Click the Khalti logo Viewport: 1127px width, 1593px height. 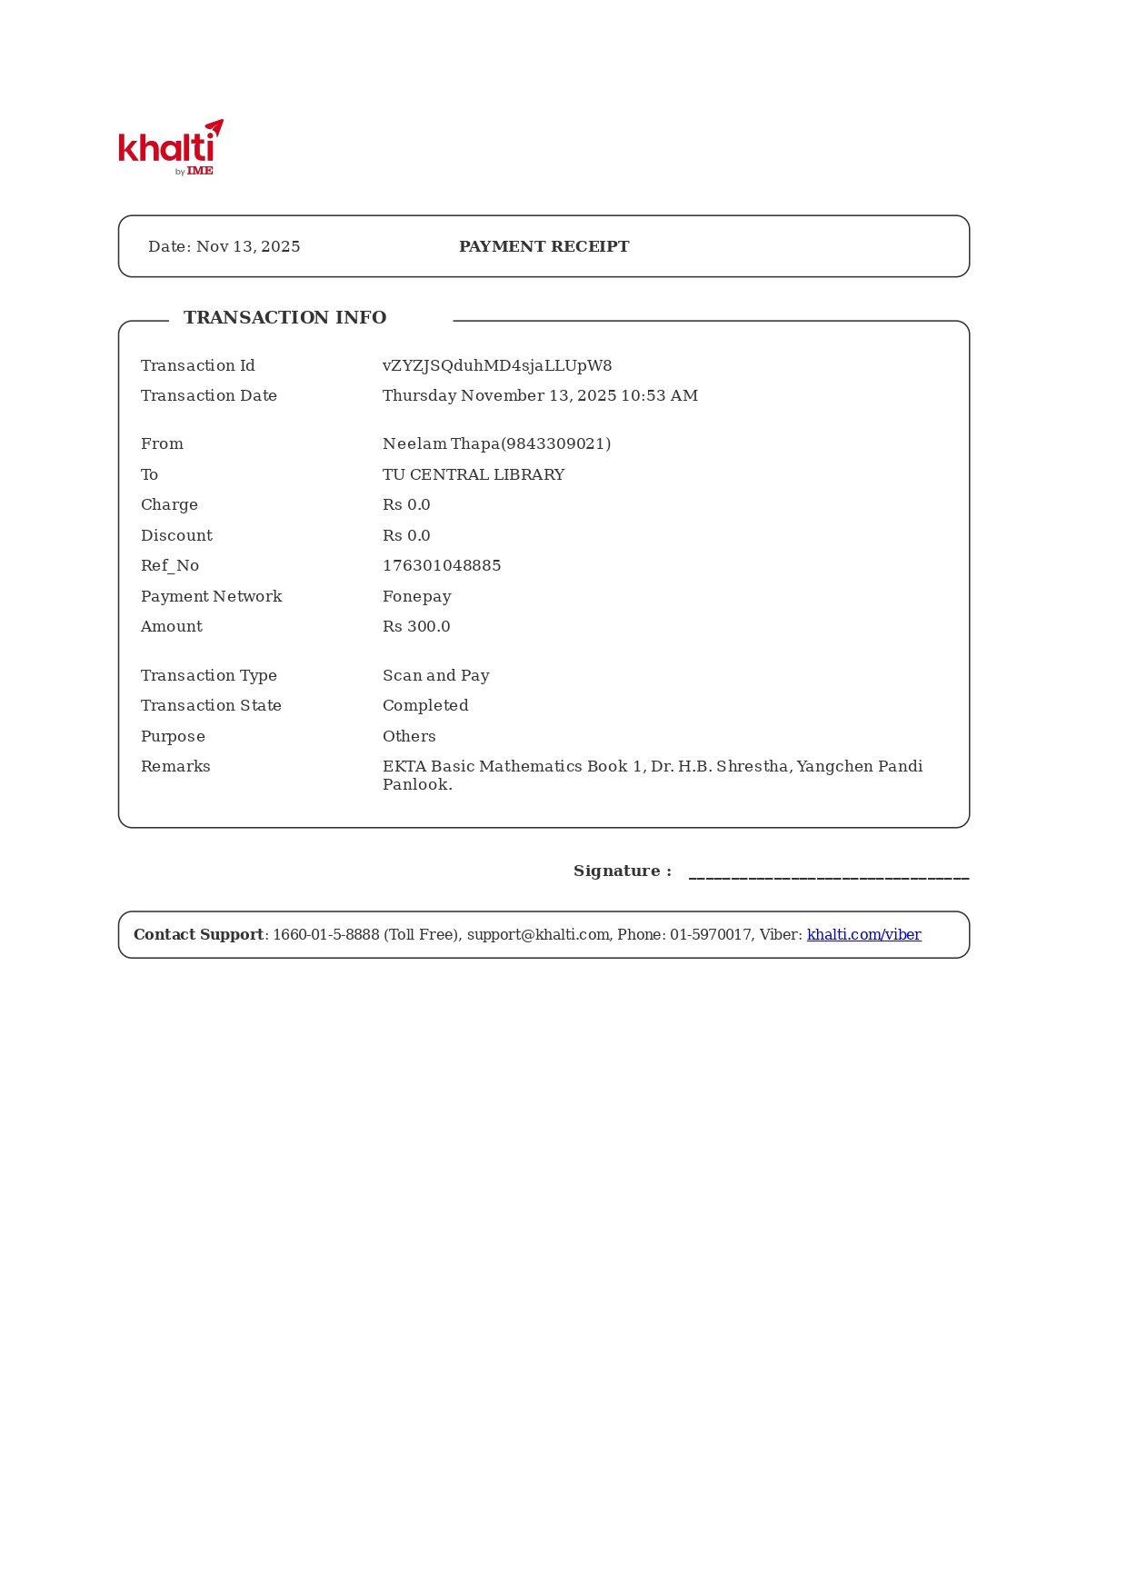(170, 147)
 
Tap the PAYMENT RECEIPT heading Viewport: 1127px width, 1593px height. (544, 247)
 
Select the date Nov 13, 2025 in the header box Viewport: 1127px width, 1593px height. (248, 247)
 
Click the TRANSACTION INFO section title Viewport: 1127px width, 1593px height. (284, 318)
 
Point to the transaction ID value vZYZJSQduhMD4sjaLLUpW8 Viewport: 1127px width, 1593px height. (497, 366)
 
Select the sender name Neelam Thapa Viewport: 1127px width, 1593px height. (441, 444)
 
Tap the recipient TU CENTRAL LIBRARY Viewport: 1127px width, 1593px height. (474, 475)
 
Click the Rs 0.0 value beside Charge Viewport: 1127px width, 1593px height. (406, 505)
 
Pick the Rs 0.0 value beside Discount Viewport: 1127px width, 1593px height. (406, 536)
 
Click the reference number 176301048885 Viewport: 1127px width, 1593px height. (442, 566)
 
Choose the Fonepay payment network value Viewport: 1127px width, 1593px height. (417, 597)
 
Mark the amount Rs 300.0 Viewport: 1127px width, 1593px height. (416, 627)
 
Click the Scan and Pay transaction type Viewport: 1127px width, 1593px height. (436, 676)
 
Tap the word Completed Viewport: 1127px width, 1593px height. (425, 706)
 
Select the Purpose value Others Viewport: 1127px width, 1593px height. (409, 737)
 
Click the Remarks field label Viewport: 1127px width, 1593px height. (175, 767)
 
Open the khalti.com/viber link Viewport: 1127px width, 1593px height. (863, 935)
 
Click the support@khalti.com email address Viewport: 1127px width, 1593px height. (538, 935)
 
